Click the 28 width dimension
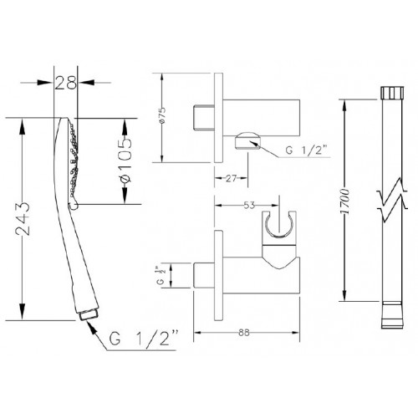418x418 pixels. tap(65, 83)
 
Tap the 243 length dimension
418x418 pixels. tap(23, 219)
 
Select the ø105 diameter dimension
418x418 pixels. tap(125, 161)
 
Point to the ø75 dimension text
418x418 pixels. tap(162, 115)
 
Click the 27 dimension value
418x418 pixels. tap(231, 178)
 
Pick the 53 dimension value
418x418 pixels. tap(249, 206)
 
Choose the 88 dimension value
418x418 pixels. tap(244, 333)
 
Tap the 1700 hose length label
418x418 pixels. tap(344, 201)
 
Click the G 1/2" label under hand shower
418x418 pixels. tap(144, 339)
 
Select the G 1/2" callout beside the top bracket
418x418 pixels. tap(306, 150)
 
